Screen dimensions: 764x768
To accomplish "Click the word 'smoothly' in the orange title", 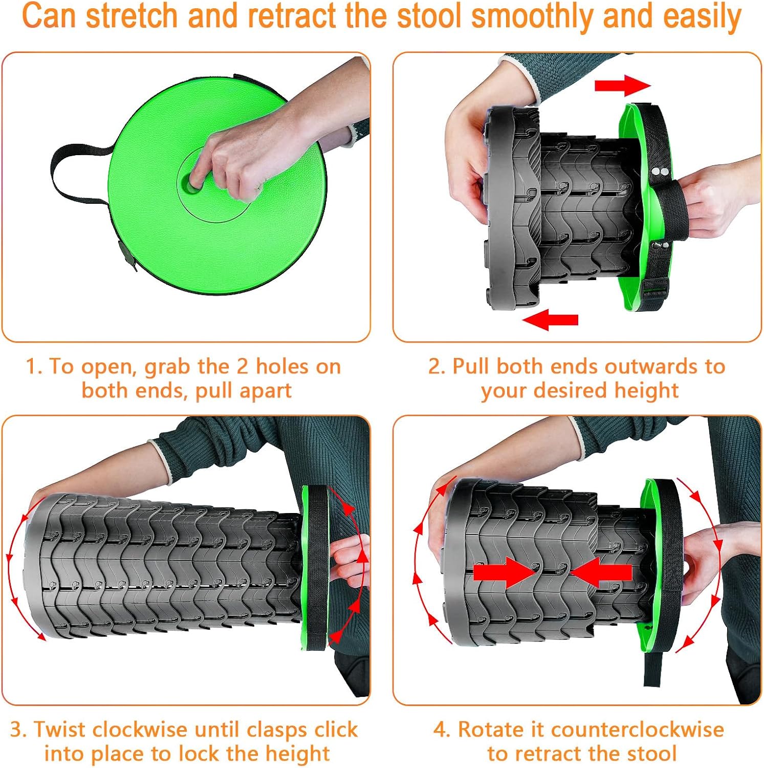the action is click(x=534, y=16).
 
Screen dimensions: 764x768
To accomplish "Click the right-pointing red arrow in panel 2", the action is click(x=622, y=86).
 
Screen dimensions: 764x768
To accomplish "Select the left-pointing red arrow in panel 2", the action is click(x=550, y=320).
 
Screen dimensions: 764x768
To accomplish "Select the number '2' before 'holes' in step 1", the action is click(x=242, y=367).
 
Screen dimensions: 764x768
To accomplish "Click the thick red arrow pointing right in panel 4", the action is click(x=505, y=572).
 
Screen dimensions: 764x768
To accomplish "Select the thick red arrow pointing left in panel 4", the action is click(x=601, y=572).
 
